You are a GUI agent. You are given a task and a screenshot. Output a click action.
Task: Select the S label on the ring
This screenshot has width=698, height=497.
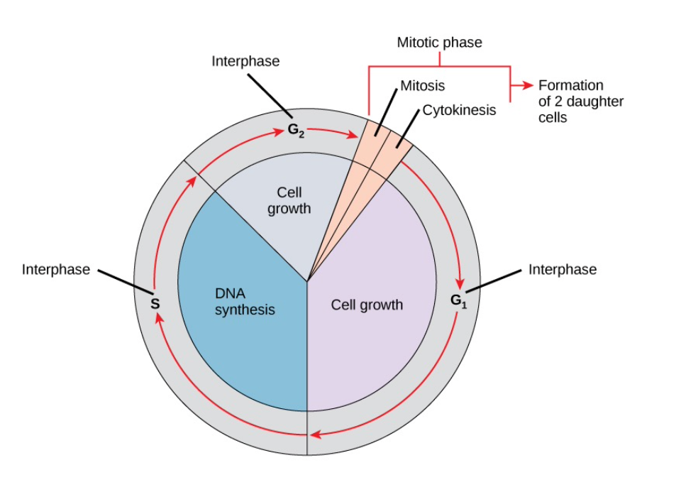(x=155, y=304)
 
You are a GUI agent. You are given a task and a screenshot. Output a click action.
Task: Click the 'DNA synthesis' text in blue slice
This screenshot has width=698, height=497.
(x=244, y=301)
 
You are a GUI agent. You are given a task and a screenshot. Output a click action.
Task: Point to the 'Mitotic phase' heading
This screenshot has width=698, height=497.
(x=439, y=43)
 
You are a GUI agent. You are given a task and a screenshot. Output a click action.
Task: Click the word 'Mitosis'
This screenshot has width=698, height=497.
(x=423, y=86)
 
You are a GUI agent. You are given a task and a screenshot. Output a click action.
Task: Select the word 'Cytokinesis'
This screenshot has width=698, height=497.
(x=459, y=111)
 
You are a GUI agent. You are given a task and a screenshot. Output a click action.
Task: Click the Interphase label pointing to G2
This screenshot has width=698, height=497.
(x=245, y=62)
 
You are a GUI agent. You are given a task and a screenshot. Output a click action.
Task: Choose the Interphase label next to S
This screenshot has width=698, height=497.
(x=56, y=270)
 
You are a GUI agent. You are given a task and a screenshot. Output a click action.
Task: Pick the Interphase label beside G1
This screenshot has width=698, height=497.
(x=562, y=270)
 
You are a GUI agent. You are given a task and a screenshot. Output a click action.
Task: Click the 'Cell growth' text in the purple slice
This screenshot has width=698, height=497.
(x=367, y=305)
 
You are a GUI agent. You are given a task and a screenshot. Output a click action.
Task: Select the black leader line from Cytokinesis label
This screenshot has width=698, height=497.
(x=410, y=130)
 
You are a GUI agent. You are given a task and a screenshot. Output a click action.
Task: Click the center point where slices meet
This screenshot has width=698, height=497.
(x=307, y=282)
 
